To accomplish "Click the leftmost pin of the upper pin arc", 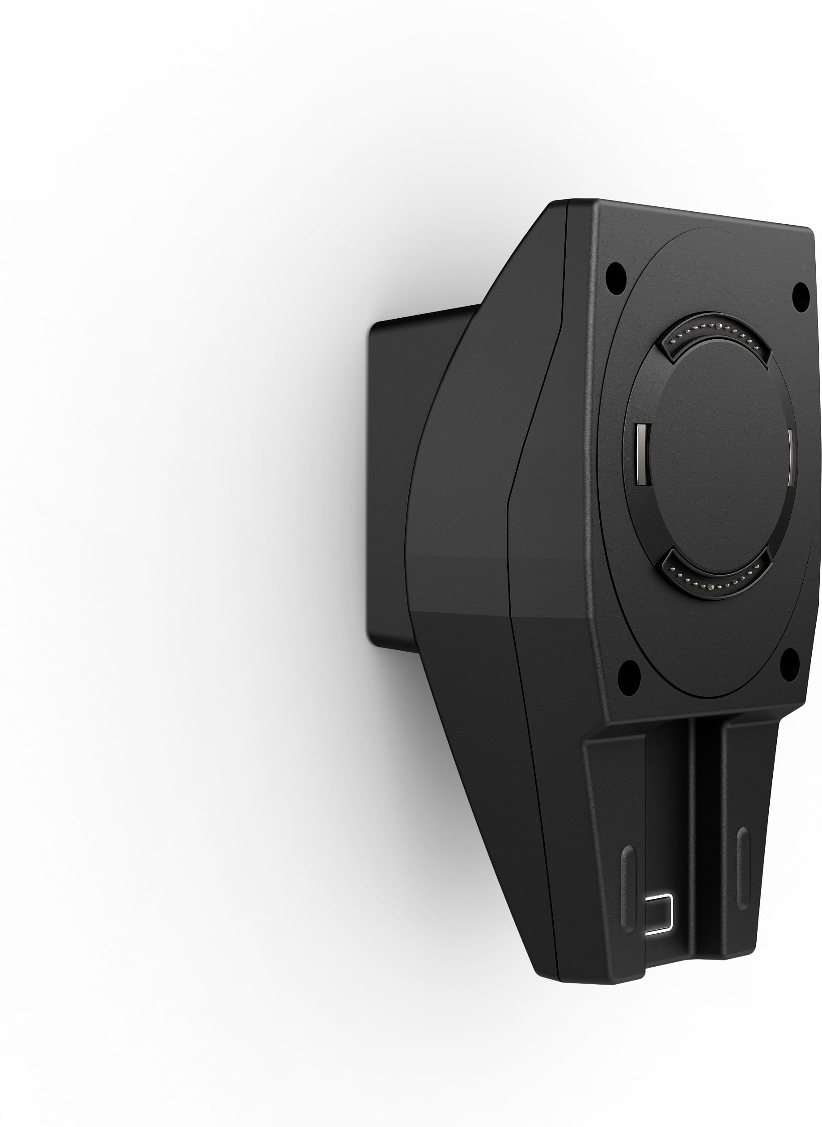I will [673, 342].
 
